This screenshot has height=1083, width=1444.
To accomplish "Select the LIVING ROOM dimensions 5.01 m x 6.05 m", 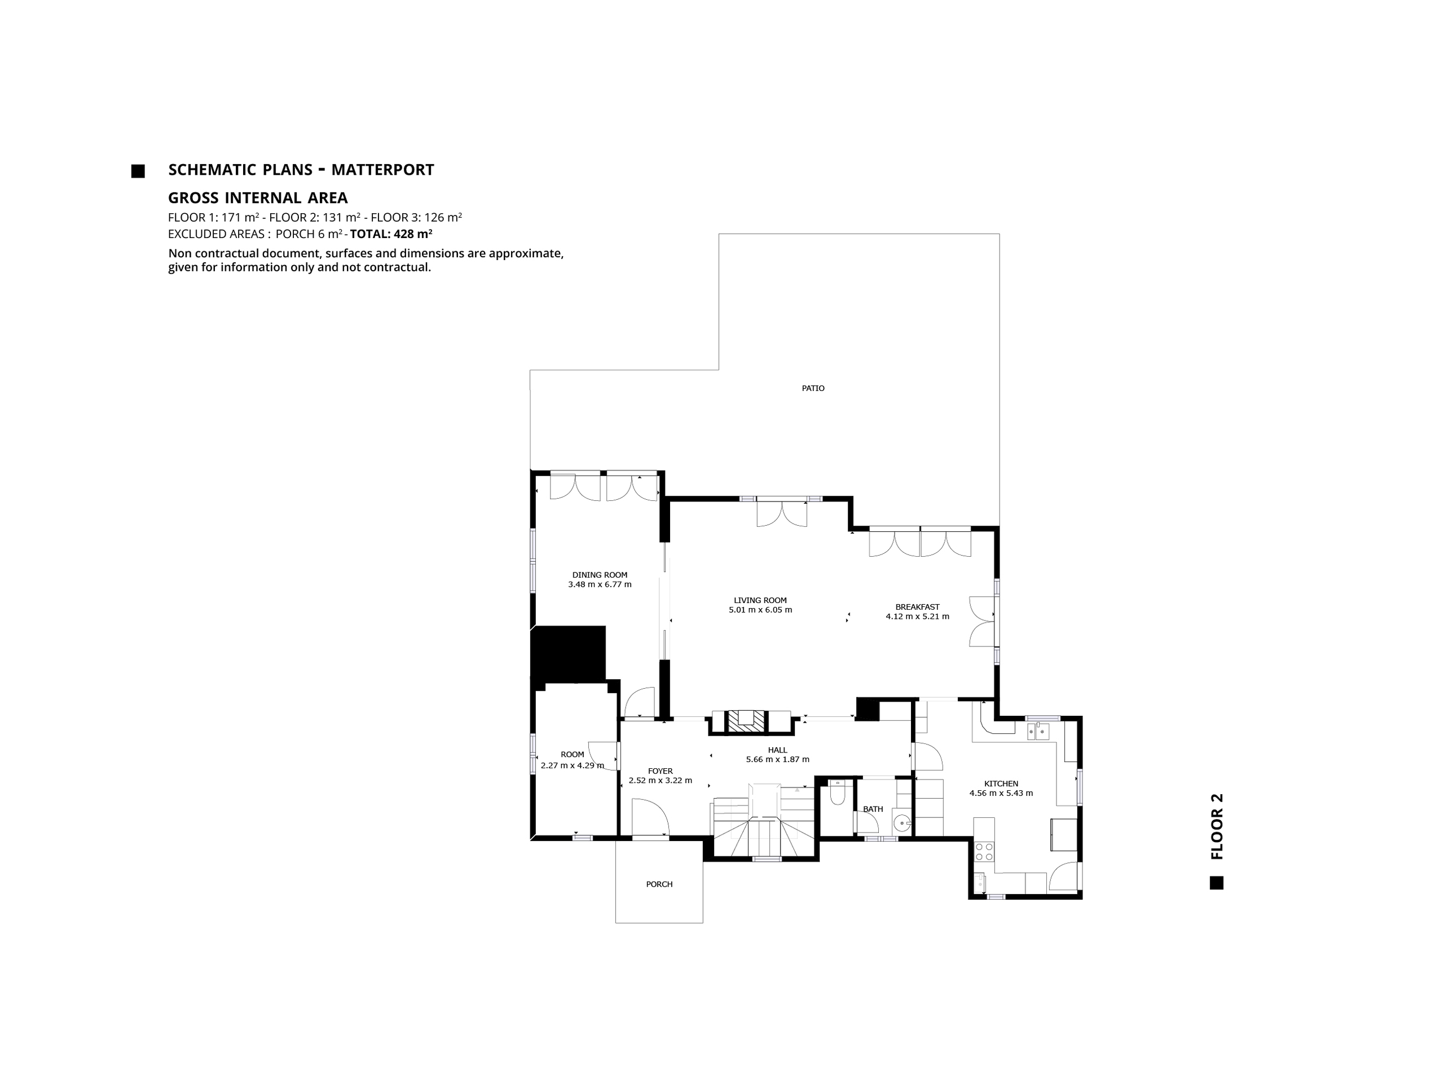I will (x=760, y=610).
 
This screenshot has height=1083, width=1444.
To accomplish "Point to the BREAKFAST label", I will (x=917, y=607).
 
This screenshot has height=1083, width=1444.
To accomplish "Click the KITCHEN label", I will (x=1001, y=784).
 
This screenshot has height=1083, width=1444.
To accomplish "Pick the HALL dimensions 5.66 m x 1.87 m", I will (x=777, y=760).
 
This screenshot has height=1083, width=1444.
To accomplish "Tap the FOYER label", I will (x=660, y=771).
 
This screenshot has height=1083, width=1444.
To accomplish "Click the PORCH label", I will (x=659, y=884).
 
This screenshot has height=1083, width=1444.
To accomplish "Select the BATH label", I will (x=873, y=809).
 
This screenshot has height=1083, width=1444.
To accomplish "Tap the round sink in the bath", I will (x=901, y=822).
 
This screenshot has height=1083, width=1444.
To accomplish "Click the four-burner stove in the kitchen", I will (x=983, y=851).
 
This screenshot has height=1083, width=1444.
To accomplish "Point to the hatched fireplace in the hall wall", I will (x=747, y=720).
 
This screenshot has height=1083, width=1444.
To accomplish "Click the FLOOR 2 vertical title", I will (x=1216, y=826).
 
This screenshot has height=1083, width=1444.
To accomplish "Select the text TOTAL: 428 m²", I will (x=391, y=234).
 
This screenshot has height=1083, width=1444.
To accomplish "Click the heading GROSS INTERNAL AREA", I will (x=258, y=198).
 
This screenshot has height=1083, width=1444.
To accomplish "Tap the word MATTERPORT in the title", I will (x=382, y=170).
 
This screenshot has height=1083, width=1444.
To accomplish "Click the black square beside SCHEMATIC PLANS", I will (x=138, y=171).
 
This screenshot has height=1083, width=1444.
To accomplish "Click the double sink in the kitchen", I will (x=1038, y=731).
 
